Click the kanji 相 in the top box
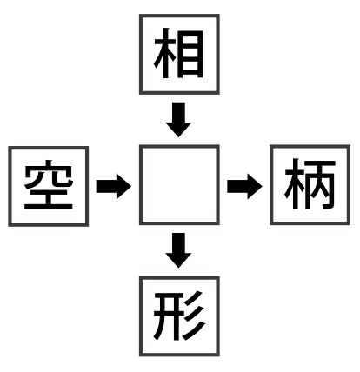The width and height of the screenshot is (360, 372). click(179, 53)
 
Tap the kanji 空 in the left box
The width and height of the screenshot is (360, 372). click(49, 183)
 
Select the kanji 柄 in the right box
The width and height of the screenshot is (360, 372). click(310, 183)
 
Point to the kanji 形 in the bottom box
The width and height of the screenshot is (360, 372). click(179, 316)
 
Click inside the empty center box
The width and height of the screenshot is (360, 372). click(179, 185)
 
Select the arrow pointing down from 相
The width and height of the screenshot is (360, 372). click(178, 119)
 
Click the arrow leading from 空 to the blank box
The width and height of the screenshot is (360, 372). click(114, 187)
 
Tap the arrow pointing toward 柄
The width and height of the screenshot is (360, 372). click(244, 187)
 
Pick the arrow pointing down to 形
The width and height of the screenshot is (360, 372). click(178, 250)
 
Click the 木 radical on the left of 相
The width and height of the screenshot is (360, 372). click(165, 53)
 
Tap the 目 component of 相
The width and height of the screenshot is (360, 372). click(190, 54)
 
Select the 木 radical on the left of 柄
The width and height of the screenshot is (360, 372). click(295, 183)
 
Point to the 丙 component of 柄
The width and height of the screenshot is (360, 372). click(321, 184)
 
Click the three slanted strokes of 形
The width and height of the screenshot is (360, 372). click(194, 316)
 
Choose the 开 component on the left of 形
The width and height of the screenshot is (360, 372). click(168, 317)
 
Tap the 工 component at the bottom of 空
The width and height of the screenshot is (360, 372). click(49, 198)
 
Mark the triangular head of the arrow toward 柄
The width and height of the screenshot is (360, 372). click(255, 187)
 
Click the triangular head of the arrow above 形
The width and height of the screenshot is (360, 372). click(178, 260)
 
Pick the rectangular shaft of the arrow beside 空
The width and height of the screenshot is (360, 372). click(106, 187)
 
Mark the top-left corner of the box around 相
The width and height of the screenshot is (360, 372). click(140, 15)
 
